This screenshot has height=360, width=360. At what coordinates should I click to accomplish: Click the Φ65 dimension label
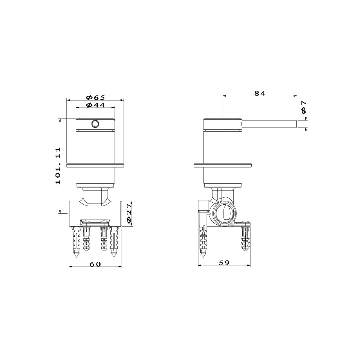[x=96, y=97]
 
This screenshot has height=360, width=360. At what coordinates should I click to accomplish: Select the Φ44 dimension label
[x=96, y=105]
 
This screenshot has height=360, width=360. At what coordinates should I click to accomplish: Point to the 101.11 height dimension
[x=58, y=166]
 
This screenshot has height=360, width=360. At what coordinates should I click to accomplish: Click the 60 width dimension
[x=95, y=264]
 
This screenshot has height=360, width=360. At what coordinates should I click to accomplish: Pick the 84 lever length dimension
[x=260, y=93]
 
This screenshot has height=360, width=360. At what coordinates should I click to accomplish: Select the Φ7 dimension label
[x=304, y=107]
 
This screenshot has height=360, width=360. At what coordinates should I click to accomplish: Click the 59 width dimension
[x=224, y=263]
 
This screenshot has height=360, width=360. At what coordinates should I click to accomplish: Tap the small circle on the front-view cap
[x=95, y=124]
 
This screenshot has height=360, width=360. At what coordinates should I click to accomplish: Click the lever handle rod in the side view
[x=270, y=124]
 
